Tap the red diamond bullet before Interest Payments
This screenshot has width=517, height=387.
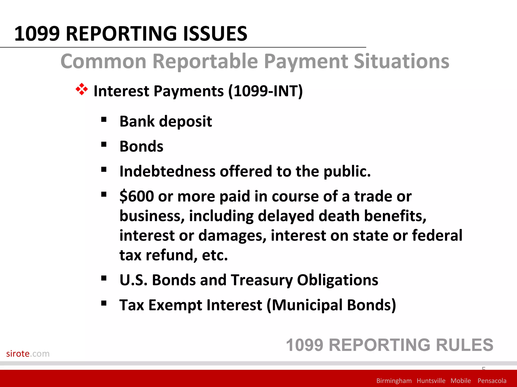(82, 89)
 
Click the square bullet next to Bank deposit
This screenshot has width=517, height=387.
(104, 119)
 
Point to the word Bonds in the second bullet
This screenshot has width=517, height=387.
(141, 146)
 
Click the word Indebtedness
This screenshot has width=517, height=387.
(167, 171)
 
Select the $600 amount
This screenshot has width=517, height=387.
(137, 196)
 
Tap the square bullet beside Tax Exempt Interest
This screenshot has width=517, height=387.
(104, 303)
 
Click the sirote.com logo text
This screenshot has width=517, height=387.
(28, 353)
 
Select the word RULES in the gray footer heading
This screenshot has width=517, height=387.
(464, 345)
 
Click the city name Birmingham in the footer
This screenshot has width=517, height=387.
(394, 381)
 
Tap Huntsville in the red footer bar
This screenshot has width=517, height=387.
(431, 381)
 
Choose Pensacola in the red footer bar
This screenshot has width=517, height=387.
(492, 381)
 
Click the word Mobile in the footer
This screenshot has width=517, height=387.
(460, 381)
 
